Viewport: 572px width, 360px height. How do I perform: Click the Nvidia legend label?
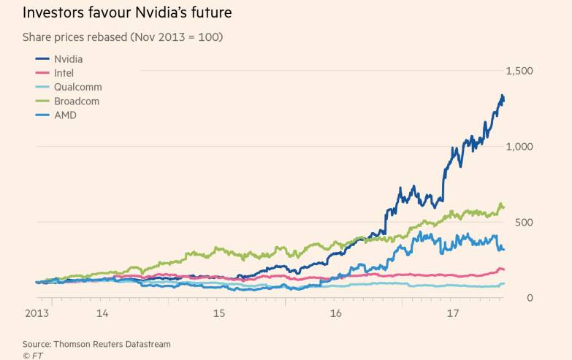[68, 59]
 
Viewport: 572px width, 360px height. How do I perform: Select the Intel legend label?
[64, 73]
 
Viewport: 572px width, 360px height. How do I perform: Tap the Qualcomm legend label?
[77, 87]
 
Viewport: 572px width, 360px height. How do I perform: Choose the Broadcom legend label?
[77, 101]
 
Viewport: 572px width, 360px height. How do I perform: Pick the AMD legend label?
[65, 115]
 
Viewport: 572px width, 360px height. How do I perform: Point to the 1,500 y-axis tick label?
[519, 71]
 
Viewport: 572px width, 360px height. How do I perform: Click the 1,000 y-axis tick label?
[519, 147]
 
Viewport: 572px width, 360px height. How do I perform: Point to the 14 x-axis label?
[102, 313]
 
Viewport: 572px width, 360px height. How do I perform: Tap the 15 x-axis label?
[218, 313]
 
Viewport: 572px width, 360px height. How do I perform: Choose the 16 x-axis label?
[335, 313]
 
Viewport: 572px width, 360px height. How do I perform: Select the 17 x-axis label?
[452, 313]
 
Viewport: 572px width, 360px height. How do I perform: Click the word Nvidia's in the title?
[166, 12]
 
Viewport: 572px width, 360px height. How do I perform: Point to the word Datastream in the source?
[146, 343]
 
